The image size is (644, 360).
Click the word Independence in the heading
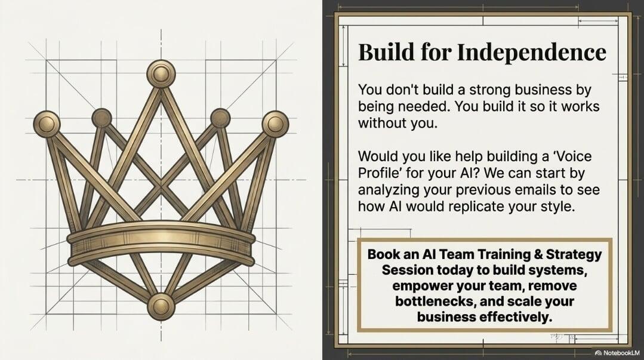pyautogui.click(x=531, y=52)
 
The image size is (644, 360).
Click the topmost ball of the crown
pyautogui.click(x=161, y=73)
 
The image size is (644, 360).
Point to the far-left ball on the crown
pyautogui.click(x=47, y=124)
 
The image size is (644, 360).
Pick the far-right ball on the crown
pyautogui.click(x=275, y=124)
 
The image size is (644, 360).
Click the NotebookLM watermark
pyautogui.click(x=617, y=353)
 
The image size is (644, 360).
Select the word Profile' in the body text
pyautogui.click(x=374, y=173)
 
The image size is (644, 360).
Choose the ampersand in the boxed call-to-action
pyautogui.click(x=538, y=254)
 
